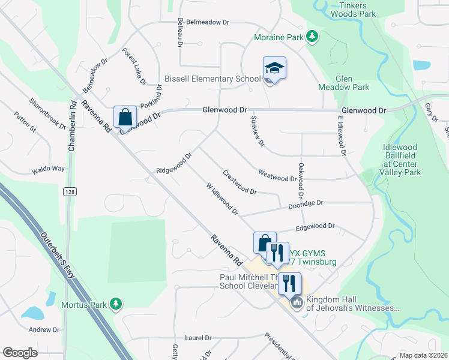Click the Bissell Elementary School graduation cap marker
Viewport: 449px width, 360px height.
pos(274,68)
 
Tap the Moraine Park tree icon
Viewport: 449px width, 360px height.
pos(312,37)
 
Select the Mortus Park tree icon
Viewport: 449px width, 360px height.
pos(116,305)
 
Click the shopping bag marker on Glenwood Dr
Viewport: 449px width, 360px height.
pos(125,116)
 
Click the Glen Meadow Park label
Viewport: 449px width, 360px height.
pos(352,83)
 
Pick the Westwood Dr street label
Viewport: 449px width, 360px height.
pos(277,175)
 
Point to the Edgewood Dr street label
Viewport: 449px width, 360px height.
pos(315,227)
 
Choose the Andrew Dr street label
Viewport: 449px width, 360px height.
pos(44,329)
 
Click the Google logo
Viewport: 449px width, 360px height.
pos(20,353)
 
